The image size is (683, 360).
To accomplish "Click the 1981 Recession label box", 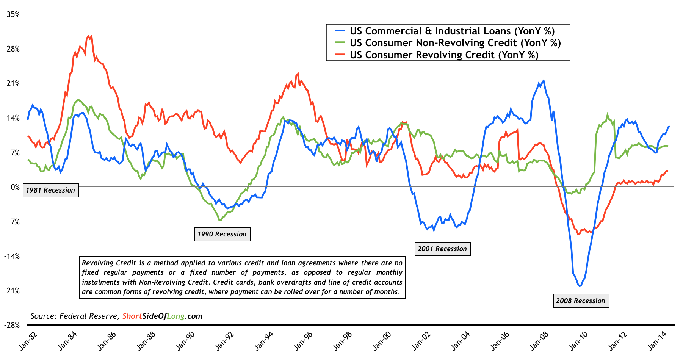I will click(51, 190).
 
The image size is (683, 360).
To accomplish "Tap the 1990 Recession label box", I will click(222, 234).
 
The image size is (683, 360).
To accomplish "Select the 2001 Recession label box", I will click(442, 249).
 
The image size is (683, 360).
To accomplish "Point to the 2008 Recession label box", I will click(581, 301).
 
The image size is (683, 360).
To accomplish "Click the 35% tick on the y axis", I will click(13, 15).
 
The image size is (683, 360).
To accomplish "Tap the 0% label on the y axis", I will click(15, 187).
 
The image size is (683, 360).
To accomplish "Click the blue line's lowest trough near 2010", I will click(580, 286).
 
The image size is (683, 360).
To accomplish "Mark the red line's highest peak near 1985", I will click(88, 36).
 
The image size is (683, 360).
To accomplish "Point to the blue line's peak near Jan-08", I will click(544, 80).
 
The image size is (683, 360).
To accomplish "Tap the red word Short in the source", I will click(132, 316).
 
